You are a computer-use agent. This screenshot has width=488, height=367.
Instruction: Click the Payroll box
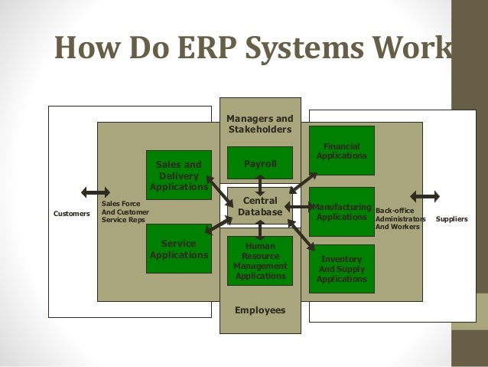[x=260, y=163]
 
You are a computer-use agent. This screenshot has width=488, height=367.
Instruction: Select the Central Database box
[x=260, y=205]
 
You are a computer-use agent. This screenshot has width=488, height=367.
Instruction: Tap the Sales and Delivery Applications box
[x=178, y=175]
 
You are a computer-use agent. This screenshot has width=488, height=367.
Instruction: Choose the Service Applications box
[x=178, y=249]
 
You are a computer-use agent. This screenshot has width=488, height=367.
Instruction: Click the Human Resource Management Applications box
[x=260, y=261]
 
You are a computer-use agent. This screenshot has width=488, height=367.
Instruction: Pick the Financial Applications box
[x=341, y=150]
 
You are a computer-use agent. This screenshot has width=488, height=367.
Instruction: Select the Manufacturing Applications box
[x=341, y=211]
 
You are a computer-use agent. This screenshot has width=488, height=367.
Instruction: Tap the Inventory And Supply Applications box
[x=341, y=269]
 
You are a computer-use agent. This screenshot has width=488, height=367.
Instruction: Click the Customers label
[x=71, y=214]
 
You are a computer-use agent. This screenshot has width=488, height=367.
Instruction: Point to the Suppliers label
[x=451, y=218]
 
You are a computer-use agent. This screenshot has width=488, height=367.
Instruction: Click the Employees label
[x=260, y=310]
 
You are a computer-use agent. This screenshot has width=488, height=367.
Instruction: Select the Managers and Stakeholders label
[x=260, y=124]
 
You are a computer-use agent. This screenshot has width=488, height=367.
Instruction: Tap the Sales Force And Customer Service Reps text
[x=125, y=211]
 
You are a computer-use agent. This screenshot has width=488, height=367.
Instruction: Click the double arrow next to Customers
[x=95, y=192]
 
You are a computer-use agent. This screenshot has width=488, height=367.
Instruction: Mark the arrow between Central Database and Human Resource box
[x=260, y=228]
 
